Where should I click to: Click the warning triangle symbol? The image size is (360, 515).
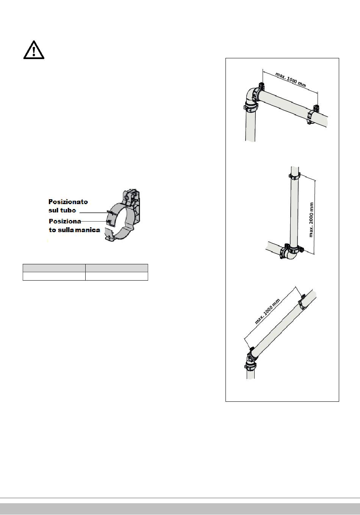coord(34,50)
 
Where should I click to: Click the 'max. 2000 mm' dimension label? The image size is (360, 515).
coord(311,220)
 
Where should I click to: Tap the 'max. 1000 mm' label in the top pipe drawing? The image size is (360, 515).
coord(291,80)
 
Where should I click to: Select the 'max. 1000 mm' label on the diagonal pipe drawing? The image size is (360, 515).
coord(267,311)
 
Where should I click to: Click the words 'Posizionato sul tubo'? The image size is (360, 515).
coord(68,206)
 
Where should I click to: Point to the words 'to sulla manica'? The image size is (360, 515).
coord(74,230)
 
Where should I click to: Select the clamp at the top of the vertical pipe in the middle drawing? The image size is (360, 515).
coord(294,176)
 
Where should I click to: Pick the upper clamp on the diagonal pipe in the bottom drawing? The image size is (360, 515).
coord(302,302)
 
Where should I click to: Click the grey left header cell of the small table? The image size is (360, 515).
coord(54,268)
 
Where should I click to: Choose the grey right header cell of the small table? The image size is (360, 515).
coord(117,268)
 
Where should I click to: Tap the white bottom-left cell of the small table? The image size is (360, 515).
coord(54,276)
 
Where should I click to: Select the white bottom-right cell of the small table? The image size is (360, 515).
coord(117,276)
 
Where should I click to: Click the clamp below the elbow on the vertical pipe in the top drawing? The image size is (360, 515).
coord(251,108)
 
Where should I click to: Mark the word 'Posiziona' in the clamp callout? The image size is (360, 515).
coord(65,221)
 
